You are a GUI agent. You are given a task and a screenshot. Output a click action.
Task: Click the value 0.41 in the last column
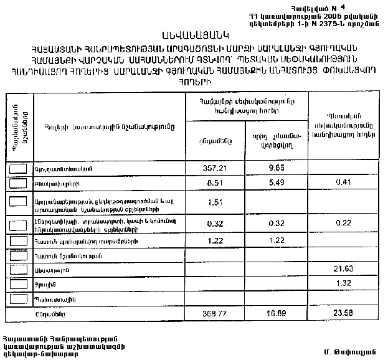(x=343, y=182)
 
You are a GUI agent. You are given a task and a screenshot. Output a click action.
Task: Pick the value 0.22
(x=343, y=223)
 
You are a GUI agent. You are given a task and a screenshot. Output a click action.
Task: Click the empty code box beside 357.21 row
(x=19, y=168)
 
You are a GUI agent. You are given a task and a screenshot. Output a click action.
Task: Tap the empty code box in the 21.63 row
(x=19, y=268)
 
